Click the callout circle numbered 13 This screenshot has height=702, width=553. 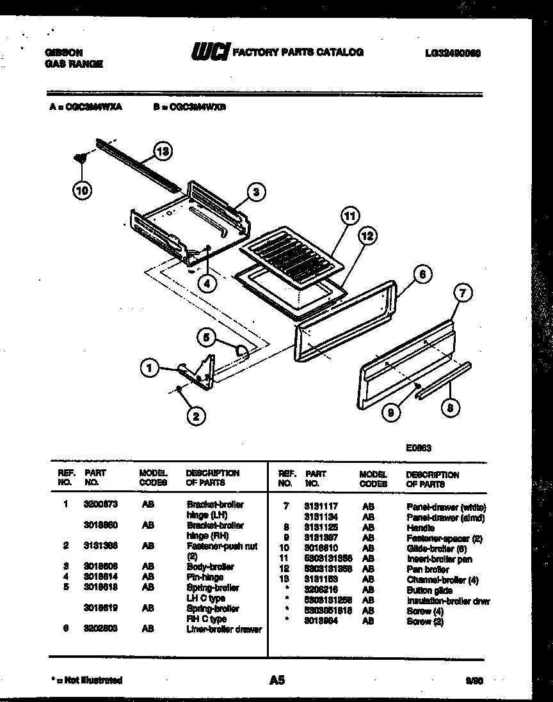[x=163, y=152]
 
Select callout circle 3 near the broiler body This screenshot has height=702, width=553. [x=255, y=191]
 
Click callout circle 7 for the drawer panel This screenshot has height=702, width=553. [x=463, y=293]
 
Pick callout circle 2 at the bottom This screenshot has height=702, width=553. [x=196, y=416]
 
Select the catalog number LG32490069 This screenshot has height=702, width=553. [x=453, y=54]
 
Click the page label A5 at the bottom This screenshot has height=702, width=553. [x=276, y=681]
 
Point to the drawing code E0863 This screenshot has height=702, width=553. [x=419, y=448]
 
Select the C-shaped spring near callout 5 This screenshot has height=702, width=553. [x=241, y=349]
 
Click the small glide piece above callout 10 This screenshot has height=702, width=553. [x=81, y=157]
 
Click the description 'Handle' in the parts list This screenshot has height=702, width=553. [x=421, y=528]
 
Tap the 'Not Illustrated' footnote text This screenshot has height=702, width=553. [x=86, y=681]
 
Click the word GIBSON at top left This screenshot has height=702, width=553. [x=63, y=53]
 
